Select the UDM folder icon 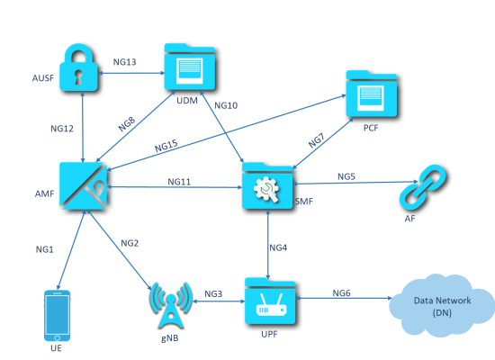[190, 67]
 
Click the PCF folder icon [371, 94]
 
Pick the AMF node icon [84, 185]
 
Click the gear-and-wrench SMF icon [267, 185]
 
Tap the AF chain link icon [423, 187]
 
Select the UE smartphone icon [57, 316]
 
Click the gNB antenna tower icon [170, 305]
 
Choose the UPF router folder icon [270, 301]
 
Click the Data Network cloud [442, 305]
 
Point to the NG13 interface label [125, 62]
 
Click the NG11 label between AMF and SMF [179, 182]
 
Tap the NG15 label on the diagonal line [166, 146]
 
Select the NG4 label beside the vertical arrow [278, 247]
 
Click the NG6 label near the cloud [342, 293]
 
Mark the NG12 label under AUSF [62, 129]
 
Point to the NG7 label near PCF [316, 140]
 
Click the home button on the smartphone [57, 337]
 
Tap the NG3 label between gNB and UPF [213, 294]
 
